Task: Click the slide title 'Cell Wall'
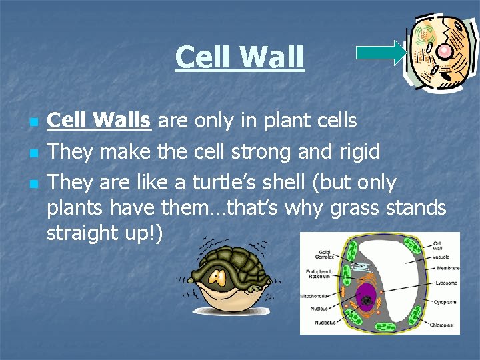pyautogui.click(x=239, y=57)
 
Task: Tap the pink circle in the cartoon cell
pyautogui.click(x=445, y=51)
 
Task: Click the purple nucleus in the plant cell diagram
pyautogui.click(x=367, y=299)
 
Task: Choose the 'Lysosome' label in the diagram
pyautogui.click(x=444, y=283)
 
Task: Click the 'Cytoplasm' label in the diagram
pyautogui.click(x=444, y=301)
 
